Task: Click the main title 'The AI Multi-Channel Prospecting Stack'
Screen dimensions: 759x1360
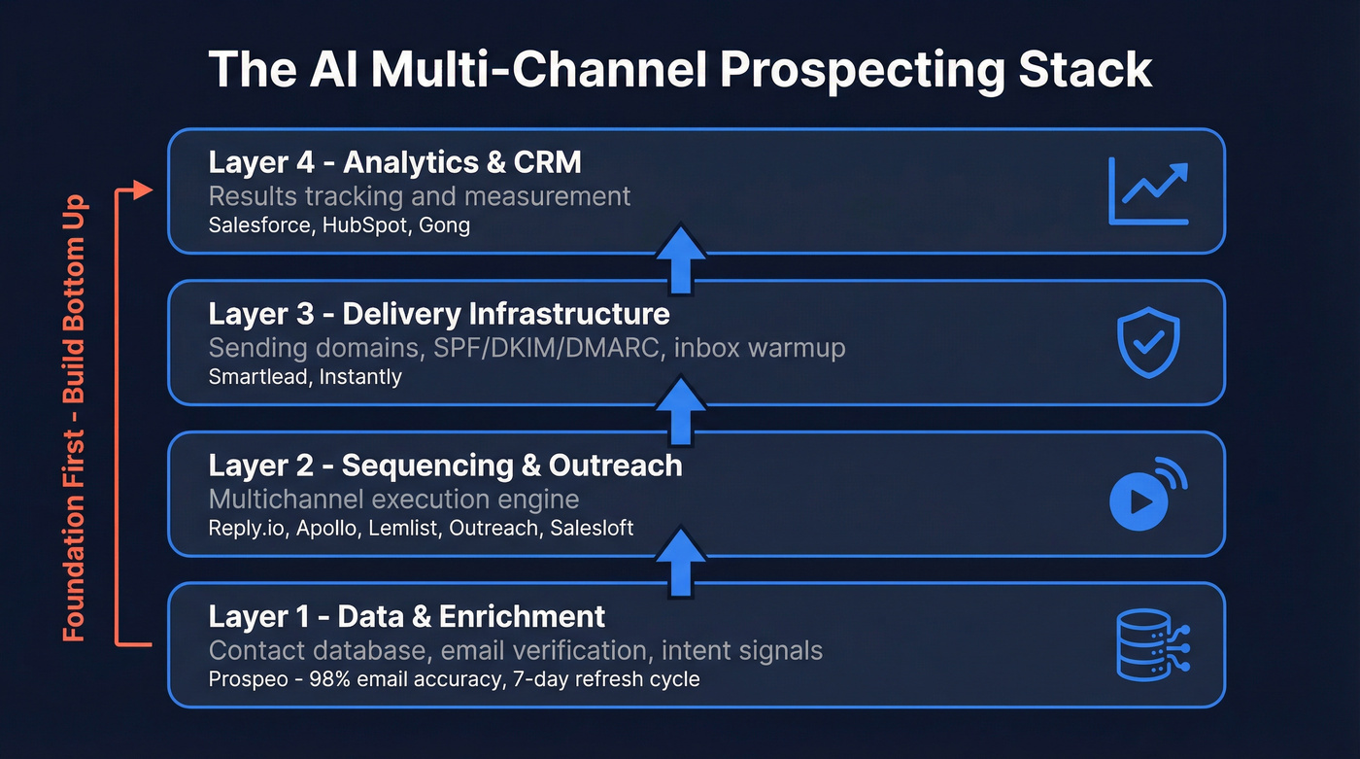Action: click(680, 70)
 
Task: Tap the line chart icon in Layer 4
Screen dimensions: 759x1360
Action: click(1148, 191)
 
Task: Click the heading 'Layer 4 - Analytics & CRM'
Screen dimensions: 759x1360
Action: click(394, 162)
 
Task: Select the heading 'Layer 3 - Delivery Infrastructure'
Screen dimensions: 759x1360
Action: click(438, 314)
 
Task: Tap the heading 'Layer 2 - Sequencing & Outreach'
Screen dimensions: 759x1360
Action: click(445, 466)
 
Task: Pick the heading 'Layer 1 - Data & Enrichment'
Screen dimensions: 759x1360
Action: click(407, 616)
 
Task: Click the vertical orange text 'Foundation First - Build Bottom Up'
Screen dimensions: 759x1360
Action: click(75, 418)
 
